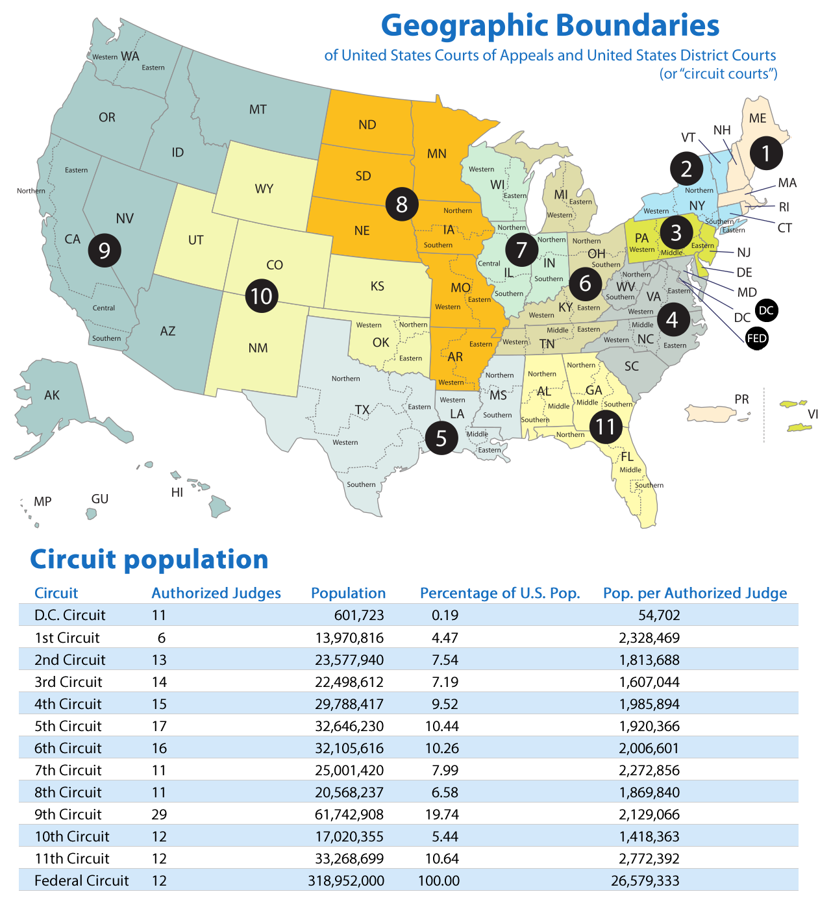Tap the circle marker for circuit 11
point(605,427)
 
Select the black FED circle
point(757,338)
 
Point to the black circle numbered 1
point(766,154)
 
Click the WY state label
point(264,189)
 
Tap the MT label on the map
point(258,110)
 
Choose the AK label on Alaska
point(52,395)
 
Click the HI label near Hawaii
point(177,492)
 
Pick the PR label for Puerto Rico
point(741,399)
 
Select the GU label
point(100,499)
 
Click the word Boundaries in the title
point(638,26)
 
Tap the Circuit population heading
point(149,559)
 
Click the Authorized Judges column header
point(216,593)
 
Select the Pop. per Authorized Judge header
point(695,593)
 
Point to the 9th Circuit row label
point(68,814)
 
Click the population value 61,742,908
point(349,814)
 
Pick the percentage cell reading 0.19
point(445,615)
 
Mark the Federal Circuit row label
point(82,880)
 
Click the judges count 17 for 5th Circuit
point(159,726)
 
